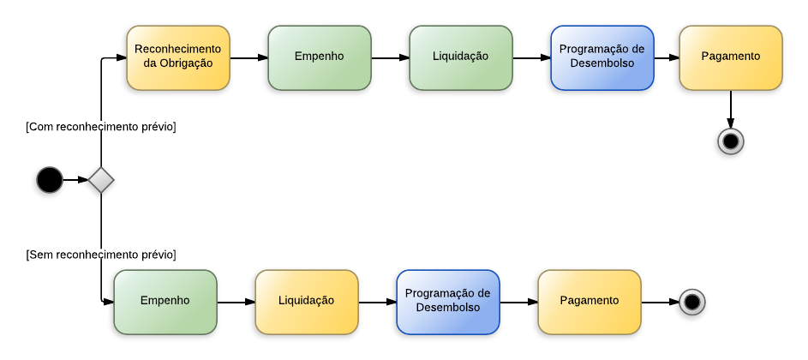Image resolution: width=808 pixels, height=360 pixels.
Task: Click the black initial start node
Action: click(x=50, y=180)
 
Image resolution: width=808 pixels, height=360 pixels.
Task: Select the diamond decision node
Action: click(x=101, y=180)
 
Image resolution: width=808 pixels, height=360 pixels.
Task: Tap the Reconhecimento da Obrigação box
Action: click(x=178, y=57)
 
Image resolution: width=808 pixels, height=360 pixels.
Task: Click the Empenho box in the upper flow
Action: click(x=320, y=57)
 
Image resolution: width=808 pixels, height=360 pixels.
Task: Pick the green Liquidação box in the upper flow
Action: click(x=461, y=57)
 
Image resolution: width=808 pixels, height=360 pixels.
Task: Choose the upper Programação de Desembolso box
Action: click(x=602, y=57)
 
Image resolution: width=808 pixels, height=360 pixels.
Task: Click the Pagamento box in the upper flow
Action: click(x=731, y=57)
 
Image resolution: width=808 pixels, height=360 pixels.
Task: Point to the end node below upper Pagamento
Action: click(x=731, y=141)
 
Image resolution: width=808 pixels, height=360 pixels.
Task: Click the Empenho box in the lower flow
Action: click(x=165, y=302)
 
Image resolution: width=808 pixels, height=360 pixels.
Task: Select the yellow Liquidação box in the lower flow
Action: click(x=307, y=302)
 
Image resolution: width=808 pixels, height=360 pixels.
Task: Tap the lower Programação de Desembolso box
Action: click(x=448, y=302)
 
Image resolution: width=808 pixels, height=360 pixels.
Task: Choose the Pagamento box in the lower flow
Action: click(x=590, y=302)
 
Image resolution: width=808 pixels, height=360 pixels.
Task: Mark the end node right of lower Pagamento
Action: click(x=692, y=302)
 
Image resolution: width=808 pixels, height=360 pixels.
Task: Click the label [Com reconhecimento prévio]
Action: click(x=101, y=127)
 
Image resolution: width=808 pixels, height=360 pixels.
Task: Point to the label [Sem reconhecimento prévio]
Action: click(x=101, y=255)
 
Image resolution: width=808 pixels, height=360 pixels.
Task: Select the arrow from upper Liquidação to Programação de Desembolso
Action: click(x=531, y=58)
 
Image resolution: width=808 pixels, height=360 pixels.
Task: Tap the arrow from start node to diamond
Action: click(x=75, y=180)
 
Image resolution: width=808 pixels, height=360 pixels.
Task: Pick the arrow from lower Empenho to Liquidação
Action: click(x=236, y=302)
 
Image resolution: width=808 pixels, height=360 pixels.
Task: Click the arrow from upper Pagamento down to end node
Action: click(x=731, y=109)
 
